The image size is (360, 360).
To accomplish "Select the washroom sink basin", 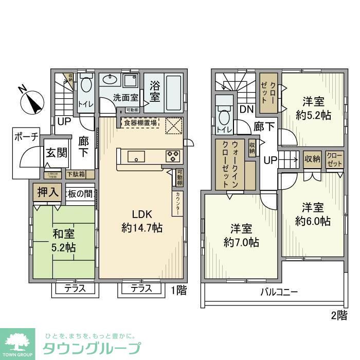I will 109,79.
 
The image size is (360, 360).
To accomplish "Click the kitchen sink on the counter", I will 137,156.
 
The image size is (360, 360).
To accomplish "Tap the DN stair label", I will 246,109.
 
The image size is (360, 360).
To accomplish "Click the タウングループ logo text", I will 92,347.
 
